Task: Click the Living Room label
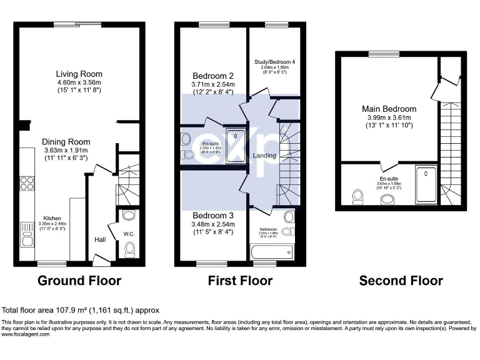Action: [x=79, y=74]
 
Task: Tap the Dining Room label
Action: [x=66, y=142]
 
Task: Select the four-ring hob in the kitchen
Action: [x=27, y=183]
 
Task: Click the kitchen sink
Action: [x=27, y=234]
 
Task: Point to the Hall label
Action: [x=100, y=239]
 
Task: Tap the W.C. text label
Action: [x=129, y=235]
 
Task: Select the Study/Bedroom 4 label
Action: [x=275, y=62]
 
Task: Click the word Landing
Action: [x=264, y=155]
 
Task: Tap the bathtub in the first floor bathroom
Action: [x=271, y=252]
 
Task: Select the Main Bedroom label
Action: [x=389, y=109]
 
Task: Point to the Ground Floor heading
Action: [x=79, y=281]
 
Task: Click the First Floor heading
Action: [x=240, y=281]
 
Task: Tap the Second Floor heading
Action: [x=401, y=281]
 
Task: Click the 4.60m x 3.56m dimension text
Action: [x=79, y=82]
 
